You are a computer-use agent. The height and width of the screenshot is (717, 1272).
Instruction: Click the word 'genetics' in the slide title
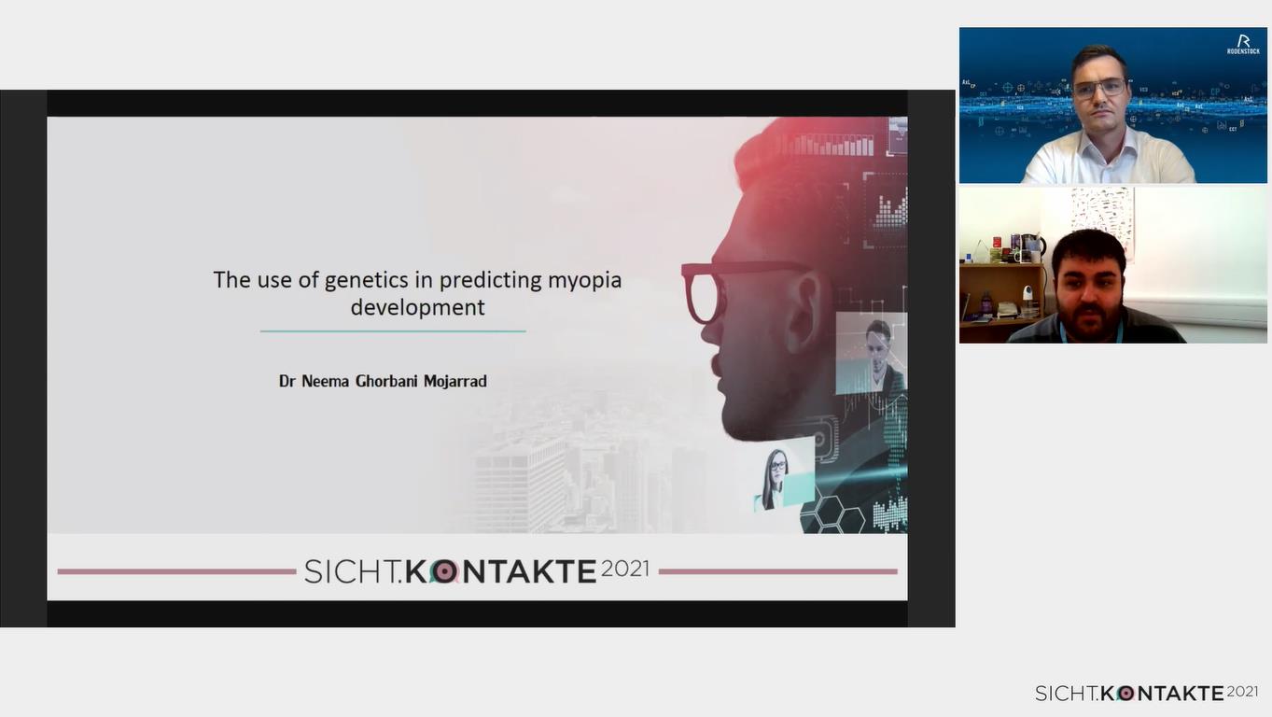point(366,281)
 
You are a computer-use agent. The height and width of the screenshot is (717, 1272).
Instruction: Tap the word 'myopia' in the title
point(584,281)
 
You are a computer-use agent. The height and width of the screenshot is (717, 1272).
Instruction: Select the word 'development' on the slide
point(417,308)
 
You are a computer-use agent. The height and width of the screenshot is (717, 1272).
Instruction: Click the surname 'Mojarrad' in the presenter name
point(454,381)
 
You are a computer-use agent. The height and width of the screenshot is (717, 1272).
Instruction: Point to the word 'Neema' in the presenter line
point(325,381)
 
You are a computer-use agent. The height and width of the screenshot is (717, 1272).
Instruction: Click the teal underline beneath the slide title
point(393,331)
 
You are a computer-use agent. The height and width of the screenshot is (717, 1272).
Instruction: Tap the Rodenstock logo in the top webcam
point(1243,44)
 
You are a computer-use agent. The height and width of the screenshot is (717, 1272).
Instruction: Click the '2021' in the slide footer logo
point(625,569)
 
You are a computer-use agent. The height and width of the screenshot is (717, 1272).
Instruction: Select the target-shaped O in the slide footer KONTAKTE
point(444,571)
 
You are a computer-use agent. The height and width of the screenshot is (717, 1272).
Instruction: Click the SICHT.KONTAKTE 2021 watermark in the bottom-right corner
point(1147,693)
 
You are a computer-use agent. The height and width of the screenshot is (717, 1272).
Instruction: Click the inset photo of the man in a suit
point(871,354)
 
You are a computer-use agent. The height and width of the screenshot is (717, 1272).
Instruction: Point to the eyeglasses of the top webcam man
point(1098,89)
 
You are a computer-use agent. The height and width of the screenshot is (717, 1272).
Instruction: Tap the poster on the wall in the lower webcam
point(1103,216)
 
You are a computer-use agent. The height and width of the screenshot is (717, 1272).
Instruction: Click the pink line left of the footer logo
point(176,571)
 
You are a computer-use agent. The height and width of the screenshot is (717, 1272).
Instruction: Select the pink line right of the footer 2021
point(778,571)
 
